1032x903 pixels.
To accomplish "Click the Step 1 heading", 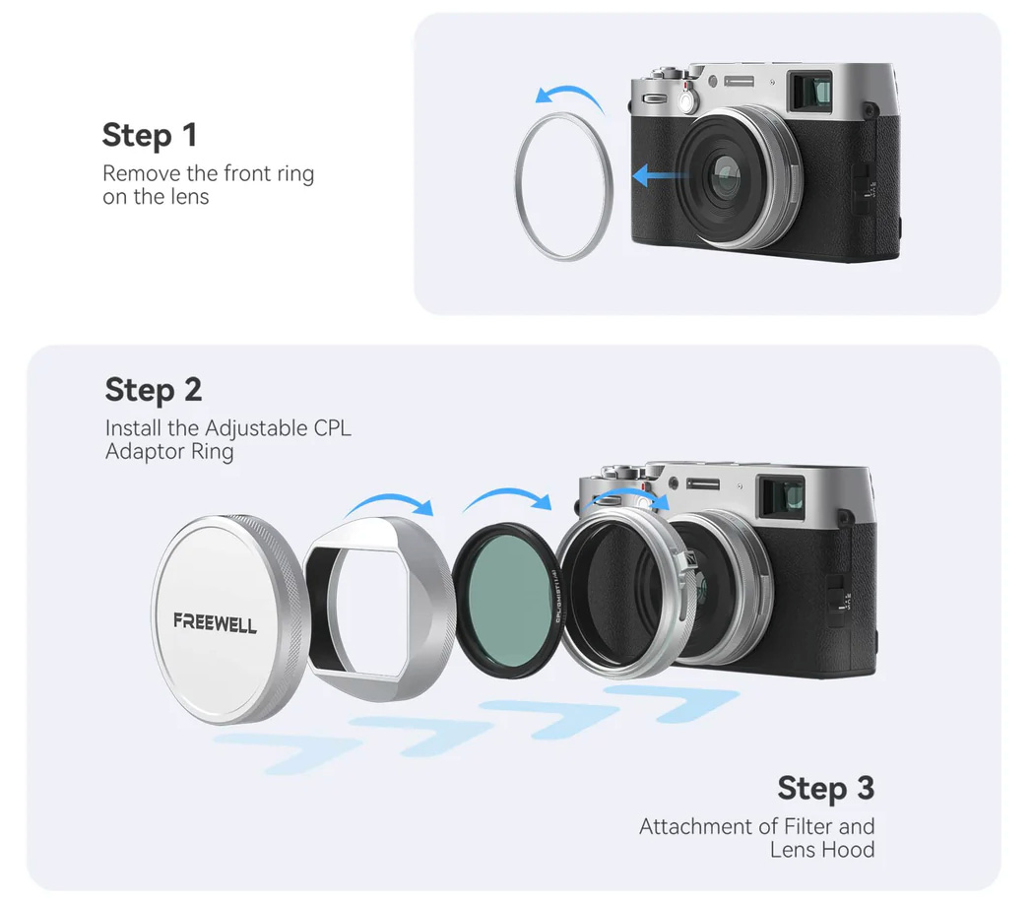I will (150, 135).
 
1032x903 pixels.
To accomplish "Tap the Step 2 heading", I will (153, 390).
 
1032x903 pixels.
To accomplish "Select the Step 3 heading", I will (825, 788).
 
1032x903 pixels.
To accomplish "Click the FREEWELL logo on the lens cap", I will (215, 622).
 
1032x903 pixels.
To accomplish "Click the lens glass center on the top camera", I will (729, 177).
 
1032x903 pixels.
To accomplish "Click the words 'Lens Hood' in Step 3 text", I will (822, 849).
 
